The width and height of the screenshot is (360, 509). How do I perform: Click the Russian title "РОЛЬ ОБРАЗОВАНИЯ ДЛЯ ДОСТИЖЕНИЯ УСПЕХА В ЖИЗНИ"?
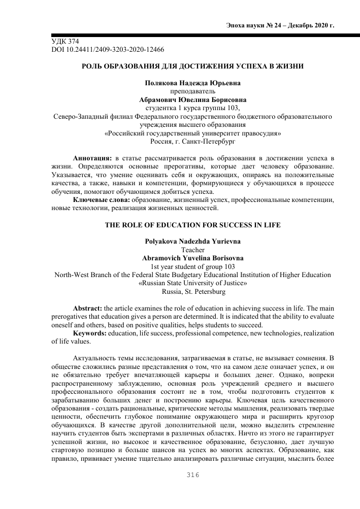[193, 66]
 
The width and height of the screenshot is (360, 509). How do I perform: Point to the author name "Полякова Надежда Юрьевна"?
[192, 83]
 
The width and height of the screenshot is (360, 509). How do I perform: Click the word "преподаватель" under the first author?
[192, 91]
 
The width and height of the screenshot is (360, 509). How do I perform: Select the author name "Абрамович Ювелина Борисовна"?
[192, 100]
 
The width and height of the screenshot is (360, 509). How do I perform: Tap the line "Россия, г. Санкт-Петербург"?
[192, 142]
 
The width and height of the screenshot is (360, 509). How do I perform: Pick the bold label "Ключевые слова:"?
[98, 201]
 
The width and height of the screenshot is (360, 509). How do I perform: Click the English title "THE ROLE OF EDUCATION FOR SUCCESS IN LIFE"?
[192, 225]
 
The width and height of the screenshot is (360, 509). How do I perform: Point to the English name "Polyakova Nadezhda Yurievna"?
[192, 242]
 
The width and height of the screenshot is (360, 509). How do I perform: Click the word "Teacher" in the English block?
[192, 250]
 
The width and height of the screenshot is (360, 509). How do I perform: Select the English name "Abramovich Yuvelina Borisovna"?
[192, 258]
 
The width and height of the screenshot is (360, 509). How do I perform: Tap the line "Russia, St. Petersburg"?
[192, 292]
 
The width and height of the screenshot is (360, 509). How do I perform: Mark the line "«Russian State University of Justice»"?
[192, 284]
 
